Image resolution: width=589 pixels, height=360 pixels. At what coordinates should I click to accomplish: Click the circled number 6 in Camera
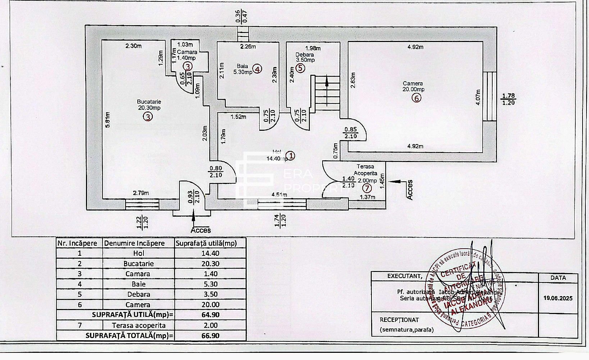(416, 98)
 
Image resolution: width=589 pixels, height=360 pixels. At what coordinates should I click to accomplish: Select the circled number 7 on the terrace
(366, 188)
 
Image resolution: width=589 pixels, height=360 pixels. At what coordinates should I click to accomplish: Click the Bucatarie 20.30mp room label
(149, 105)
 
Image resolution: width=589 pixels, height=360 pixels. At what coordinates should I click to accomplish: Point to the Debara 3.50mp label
(305, 57)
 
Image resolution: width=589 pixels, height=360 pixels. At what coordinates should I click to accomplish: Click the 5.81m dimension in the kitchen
(108, 122)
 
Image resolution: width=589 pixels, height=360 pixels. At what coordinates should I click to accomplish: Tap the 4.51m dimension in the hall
(279, 195)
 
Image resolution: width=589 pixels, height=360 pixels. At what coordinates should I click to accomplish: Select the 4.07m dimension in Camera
(478, 97)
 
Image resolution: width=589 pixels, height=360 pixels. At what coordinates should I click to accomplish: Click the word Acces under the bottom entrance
(201, 230)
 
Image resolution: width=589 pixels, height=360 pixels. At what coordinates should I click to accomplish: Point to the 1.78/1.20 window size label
(508, 99)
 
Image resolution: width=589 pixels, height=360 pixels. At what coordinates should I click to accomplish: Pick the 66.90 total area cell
(210, 336)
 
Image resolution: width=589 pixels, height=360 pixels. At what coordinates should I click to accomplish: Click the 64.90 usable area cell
(210, 315)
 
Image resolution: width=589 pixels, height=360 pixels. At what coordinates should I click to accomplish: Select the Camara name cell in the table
(138, 274)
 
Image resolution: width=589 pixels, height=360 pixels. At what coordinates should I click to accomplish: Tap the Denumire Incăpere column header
(134, 243)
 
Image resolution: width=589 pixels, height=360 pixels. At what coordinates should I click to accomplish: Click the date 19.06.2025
(558, 298)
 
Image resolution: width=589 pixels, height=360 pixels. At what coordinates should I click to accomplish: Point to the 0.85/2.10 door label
(351, 133)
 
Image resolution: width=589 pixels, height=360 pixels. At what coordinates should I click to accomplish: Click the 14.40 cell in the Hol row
(210, 253)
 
